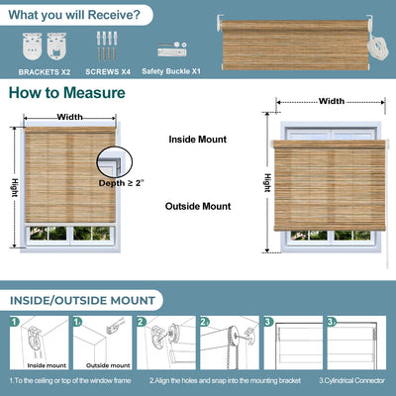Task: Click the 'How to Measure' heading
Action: [x=67, y=93]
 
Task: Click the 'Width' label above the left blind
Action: [x=69, y=116]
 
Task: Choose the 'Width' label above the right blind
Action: [x=332, y=101]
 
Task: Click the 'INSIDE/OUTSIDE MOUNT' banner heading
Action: [x=83, y=300]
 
